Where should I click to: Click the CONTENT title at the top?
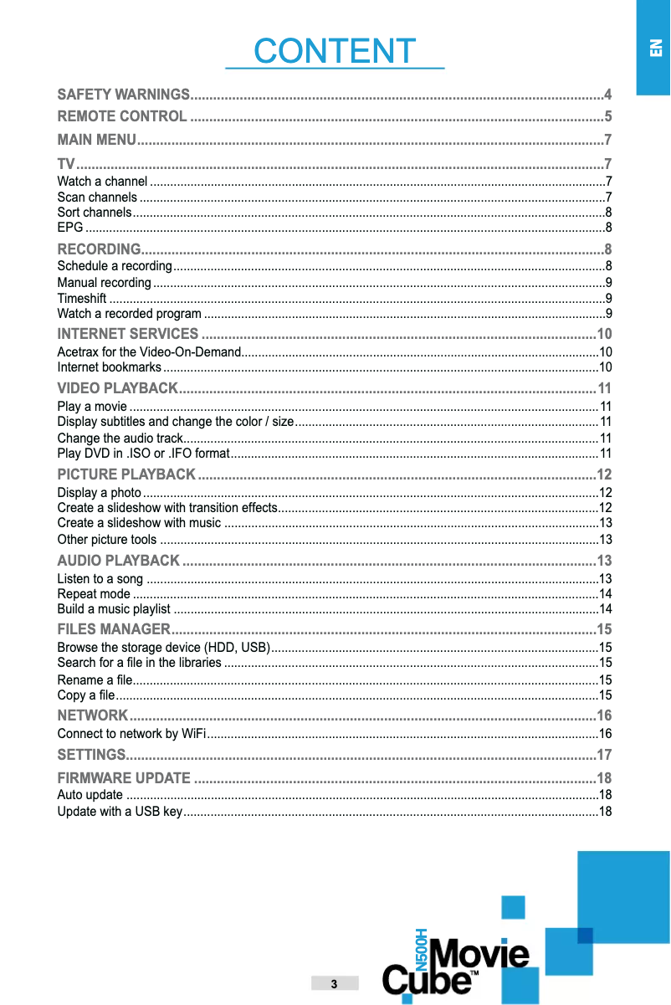click(x=335, y=51)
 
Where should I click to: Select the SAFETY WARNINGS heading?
click(x=123, y=93)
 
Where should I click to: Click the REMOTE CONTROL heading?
click(x=122, y=115)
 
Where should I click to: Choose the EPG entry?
click(x=69, y=228)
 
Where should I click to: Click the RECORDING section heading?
click(x=98, y=249)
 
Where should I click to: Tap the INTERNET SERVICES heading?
click(x=127, y=336)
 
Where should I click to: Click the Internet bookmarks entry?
click(x=109, y=367)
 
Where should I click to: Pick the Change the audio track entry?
click(x=120, y=438)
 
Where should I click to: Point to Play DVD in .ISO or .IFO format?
click(x=143, y=454)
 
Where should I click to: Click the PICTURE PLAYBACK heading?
click(x=126, y=475)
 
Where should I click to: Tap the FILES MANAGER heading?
click(x=114, y=629)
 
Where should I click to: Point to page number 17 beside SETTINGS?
click(x=604, y=756)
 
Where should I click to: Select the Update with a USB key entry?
click(x=119, y=812)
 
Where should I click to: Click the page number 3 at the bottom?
click(x=334, y=983)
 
